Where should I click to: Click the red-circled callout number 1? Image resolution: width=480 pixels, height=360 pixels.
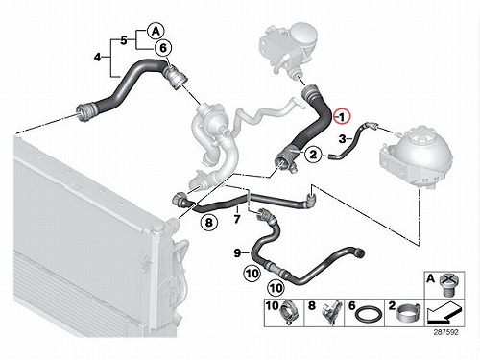pos(342,117)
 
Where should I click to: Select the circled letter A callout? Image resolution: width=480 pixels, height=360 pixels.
pos(156,32)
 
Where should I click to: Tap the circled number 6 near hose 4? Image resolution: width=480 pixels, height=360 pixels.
pos(163,48)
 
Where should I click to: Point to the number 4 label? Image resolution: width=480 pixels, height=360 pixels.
pos(98,58)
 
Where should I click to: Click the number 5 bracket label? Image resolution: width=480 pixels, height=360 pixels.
pos(124,40)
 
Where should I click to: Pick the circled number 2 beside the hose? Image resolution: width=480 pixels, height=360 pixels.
pos(313,155)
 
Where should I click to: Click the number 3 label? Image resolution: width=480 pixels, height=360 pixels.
pos(343,139)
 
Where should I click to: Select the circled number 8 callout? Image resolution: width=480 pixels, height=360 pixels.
pos(209,222)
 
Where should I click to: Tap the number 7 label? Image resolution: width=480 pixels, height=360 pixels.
pos(237,219)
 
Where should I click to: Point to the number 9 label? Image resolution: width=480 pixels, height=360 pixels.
pos(237,253)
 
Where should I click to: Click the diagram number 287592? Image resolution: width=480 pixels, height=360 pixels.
pos(445,332)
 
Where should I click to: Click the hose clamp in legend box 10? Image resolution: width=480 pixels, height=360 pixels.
pos(290,313)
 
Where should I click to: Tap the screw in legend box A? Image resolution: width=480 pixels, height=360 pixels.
pos(448,285)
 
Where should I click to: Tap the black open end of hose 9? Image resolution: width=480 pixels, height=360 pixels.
pos(360,253)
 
